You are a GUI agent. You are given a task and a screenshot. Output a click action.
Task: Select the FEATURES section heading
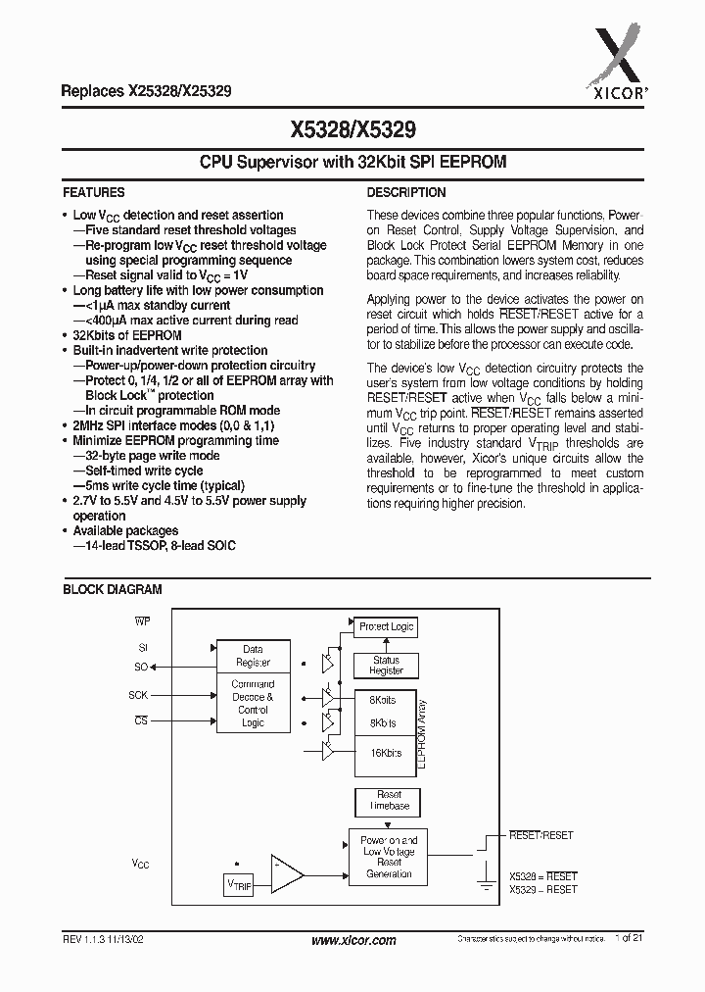coord(94,193)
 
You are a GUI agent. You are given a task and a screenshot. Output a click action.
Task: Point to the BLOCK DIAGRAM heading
coord(112,590)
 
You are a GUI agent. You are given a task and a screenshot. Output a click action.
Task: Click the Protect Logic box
coord(386,626)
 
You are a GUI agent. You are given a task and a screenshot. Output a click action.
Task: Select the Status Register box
coord(386,666)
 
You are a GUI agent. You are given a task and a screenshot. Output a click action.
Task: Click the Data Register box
coord(253,655)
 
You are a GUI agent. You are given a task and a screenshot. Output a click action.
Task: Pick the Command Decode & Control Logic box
coord(253,703)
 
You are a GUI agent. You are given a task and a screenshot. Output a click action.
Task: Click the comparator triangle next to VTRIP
coord(286,872)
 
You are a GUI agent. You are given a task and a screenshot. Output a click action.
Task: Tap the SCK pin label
coord(138,694)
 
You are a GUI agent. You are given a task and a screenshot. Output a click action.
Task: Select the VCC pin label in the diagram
coord(141,864)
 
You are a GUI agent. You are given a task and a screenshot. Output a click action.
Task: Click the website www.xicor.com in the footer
coord(352,940)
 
